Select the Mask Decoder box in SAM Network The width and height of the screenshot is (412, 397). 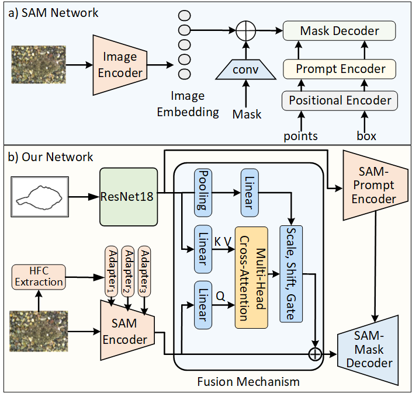click(339, 31)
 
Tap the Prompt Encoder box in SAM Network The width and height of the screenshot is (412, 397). click(340, 69)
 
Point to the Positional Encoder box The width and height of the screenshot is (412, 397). click(340, 100)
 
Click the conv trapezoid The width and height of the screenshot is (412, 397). click(245, 69)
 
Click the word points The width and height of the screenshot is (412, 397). click(301, 136)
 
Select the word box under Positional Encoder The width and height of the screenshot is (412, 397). click(366, 136)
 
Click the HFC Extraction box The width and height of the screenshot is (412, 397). click(39, 276)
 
